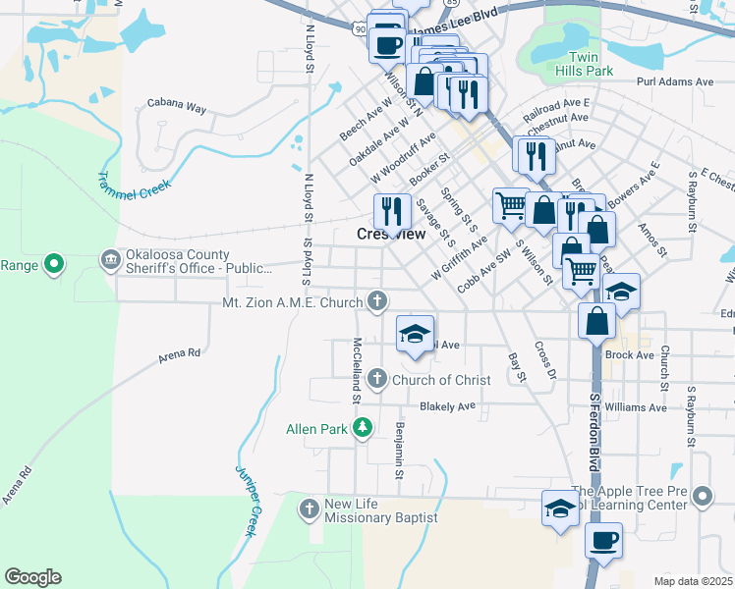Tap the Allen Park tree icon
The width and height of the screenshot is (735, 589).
click(x=364, y=427)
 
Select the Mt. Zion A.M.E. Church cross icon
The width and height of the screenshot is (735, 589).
click(x=375, y=301)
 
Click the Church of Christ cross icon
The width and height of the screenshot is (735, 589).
click(x=376, y=378)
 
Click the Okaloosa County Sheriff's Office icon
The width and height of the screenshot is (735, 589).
click(x=109, y=259)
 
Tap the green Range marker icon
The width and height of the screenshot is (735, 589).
click(x=55, y=263)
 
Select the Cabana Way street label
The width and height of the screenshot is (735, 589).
click(x=176, y=102)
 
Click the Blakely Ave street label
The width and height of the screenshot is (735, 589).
click(x=447, y=405)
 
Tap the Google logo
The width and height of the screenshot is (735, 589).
click(x=32, y=577)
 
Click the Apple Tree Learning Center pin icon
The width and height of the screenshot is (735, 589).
click(x=702, y=497)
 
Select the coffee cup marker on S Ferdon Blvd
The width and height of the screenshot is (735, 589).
click(x=603, y=539)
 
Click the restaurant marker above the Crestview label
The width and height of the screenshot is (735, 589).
click(x=391, y=208)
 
